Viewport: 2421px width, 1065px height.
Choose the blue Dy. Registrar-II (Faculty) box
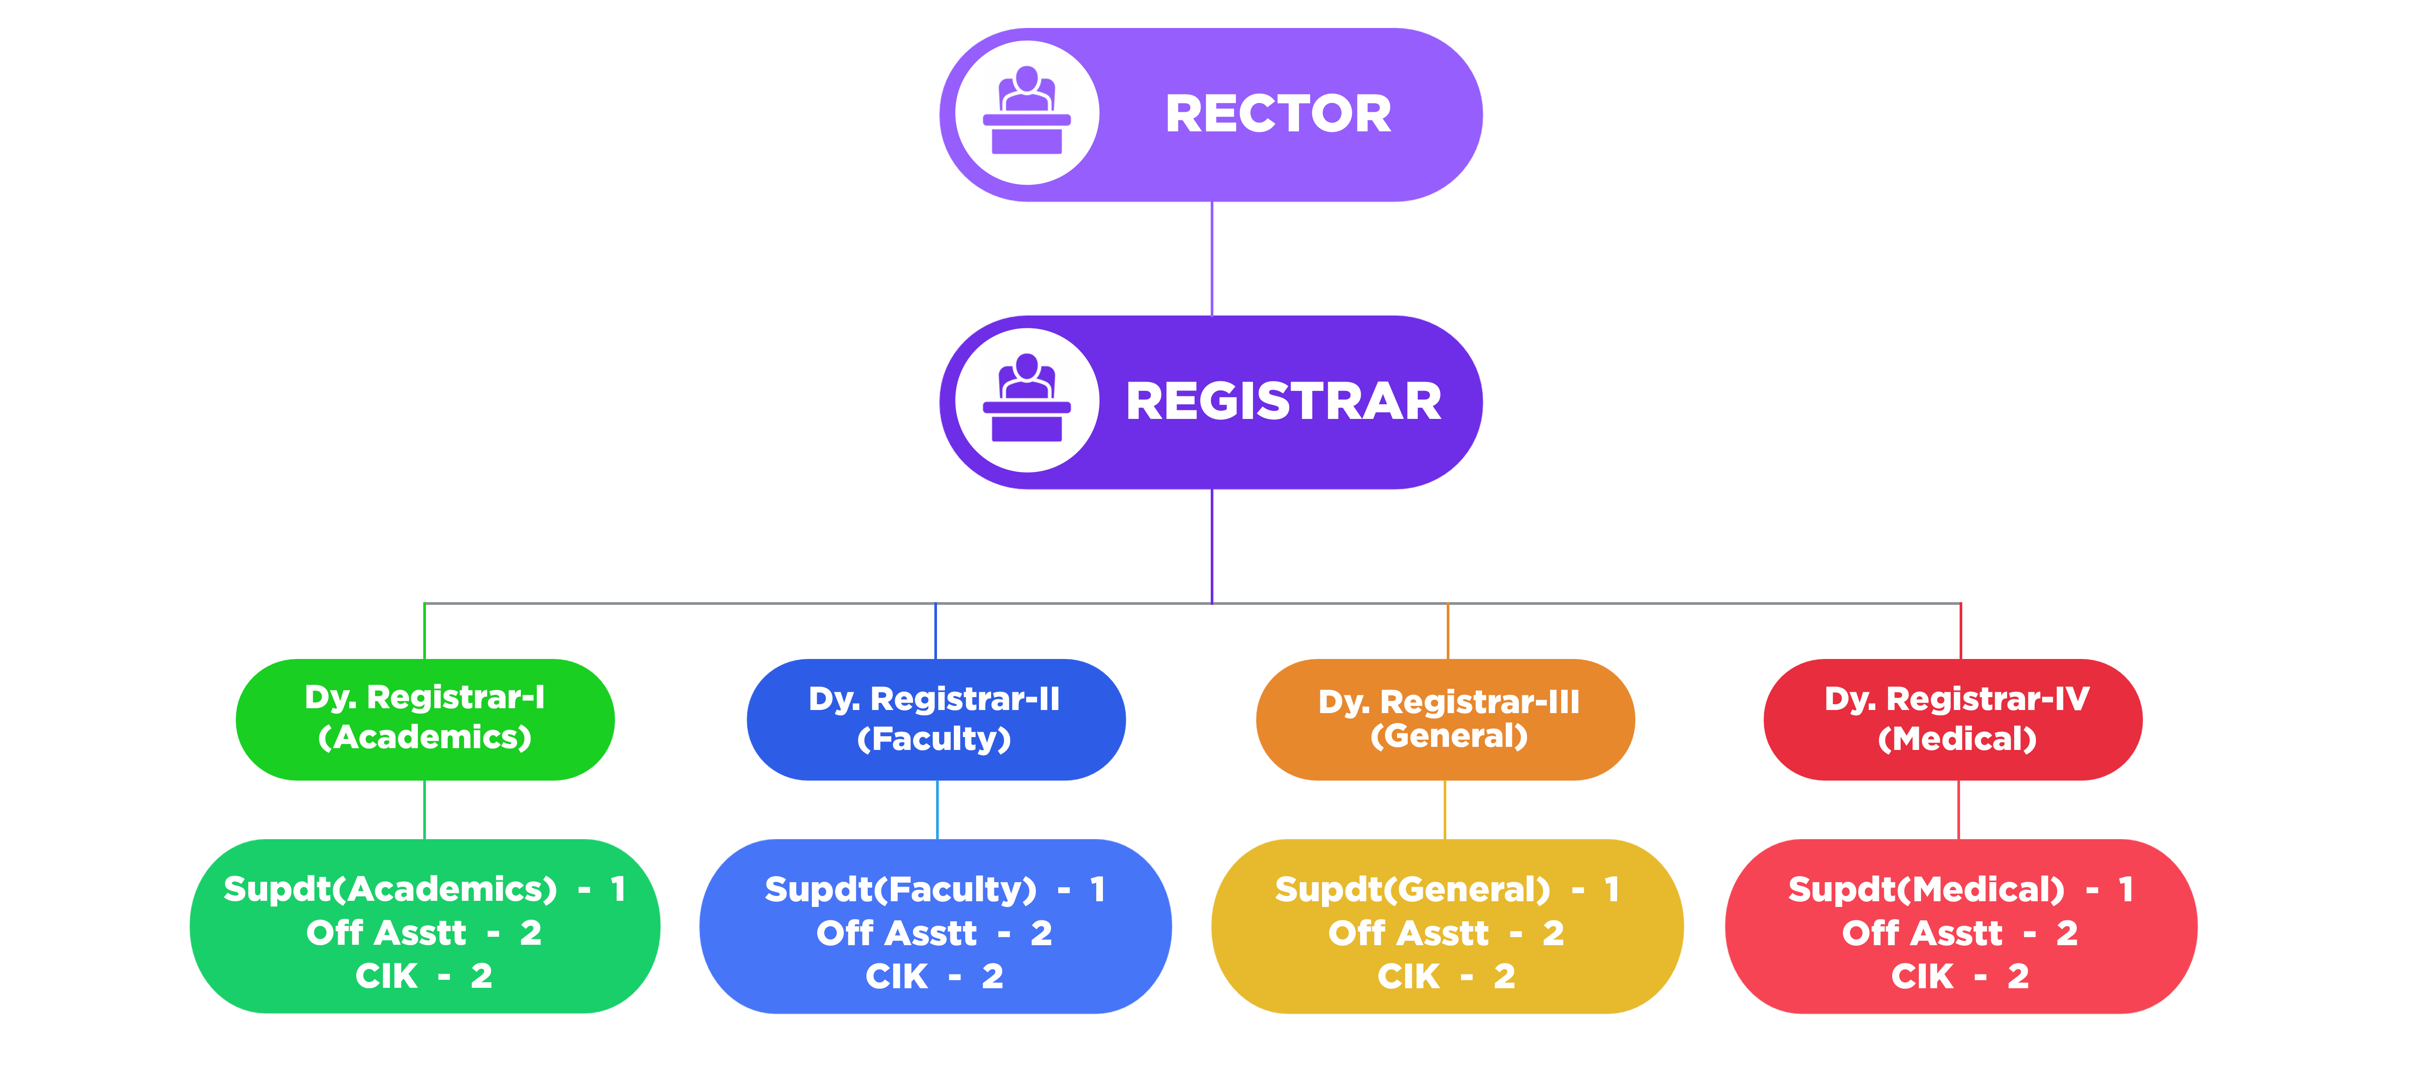936,719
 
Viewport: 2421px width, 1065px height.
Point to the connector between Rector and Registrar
1212,259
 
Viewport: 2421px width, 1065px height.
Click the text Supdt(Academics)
390,889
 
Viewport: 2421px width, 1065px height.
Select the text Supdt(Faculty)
900,889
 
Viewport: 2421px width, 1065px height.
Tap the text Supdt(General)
1412,889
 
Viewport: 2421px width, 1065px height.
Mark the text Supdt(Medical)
1926,889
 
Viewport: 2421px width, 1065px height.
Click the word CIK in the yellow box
1408,977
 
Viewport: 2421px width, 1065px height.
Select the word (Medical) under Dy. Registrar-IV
1957,739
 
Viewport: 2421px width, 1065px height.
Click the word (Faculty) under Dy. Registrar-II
934,739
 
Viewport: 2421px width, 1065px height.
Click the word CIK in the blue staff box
897,977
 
